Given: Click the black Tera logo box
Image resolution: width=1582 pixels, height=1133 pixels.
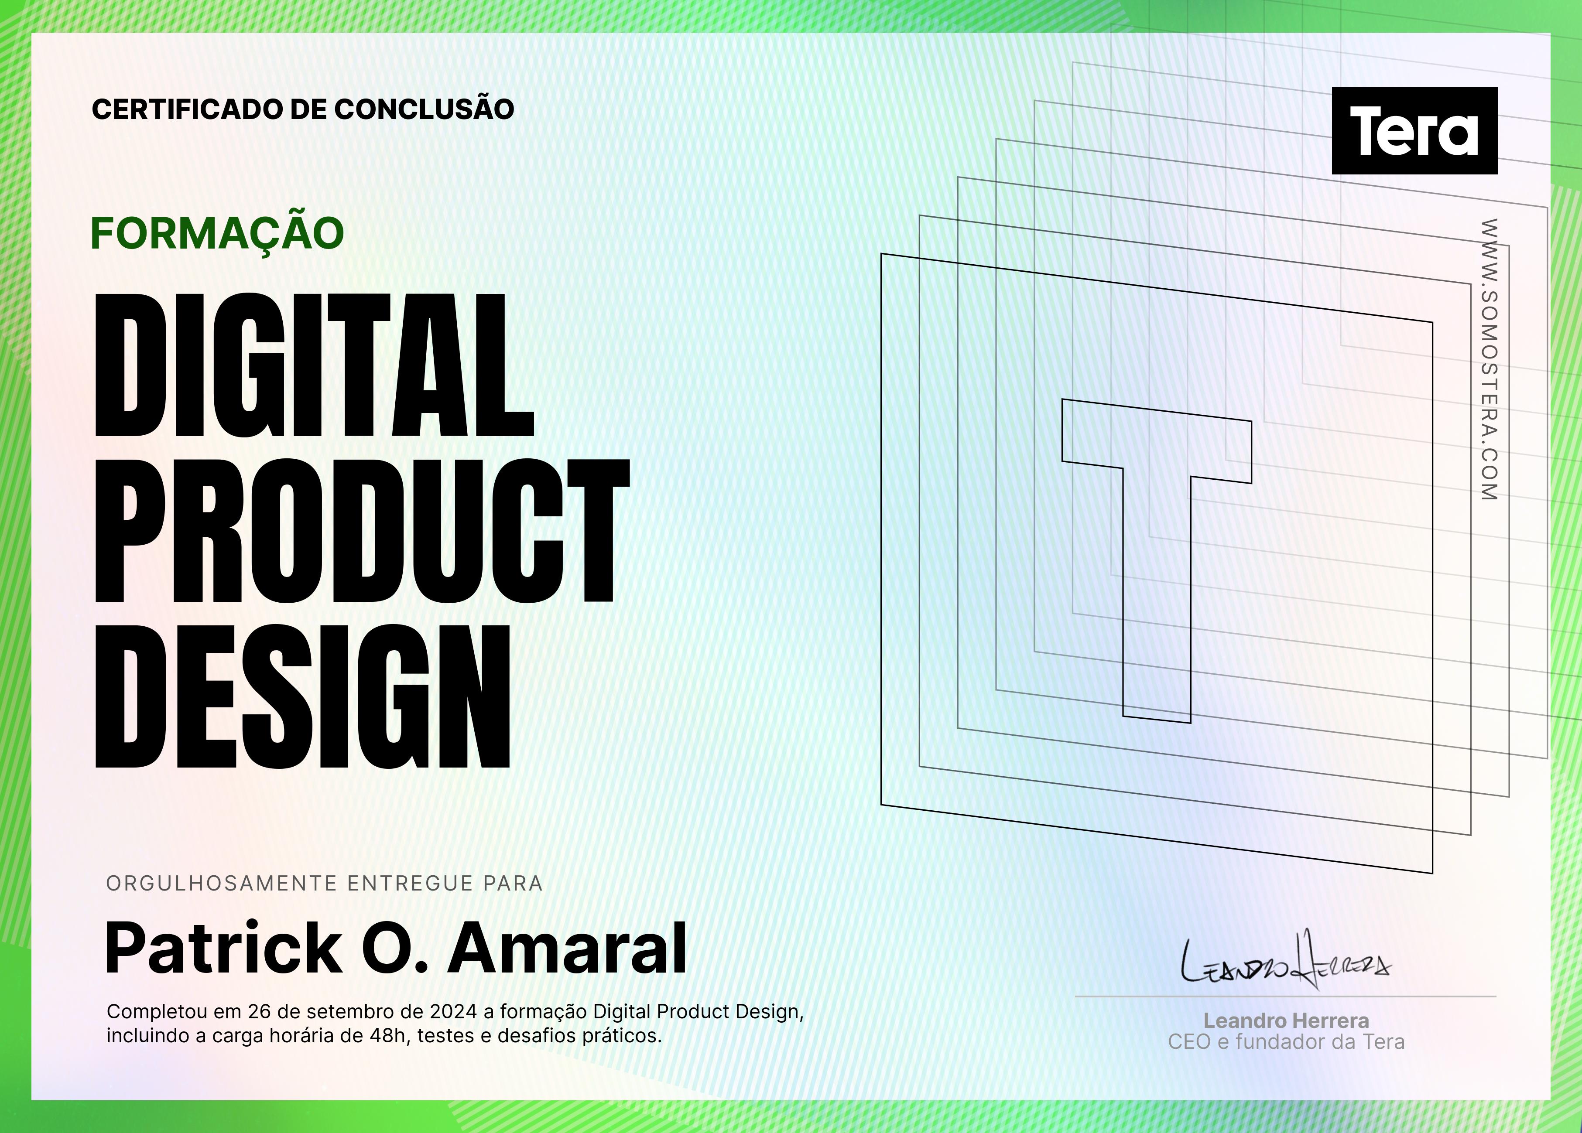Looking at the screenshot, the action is (1414, 130).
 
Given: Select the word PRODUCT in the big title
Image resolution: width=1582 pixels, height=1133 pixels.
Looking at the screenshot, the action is (362, 531).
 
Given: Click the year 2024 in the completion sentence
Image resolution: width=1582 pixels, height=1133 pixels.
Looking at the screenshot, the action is (453, 1012).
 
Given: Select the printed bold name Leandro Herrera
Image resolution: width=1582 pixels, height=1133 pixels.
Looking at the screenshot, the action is (1286, 1021).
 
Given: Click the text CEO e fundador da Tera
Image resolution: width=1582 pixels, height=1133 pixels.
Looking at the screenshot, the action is (1286, 1042).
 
